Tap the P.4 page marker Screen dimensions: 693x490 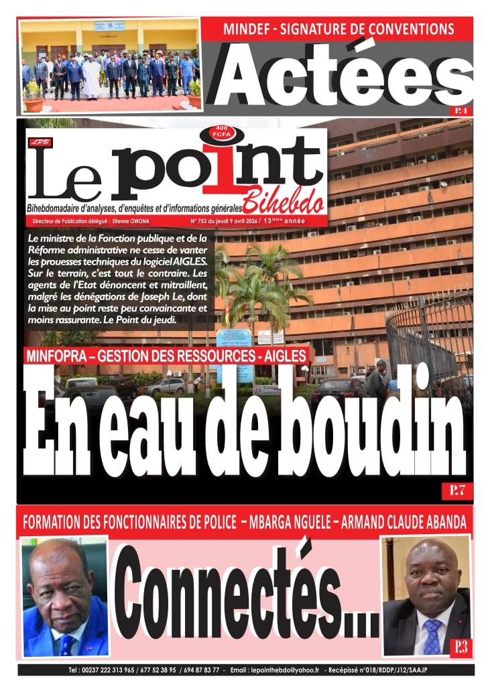pyautogui.click(x=461, y=109)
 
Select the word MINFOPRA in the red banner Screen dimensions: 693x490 pyautogui.click(x=58, y=356)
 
